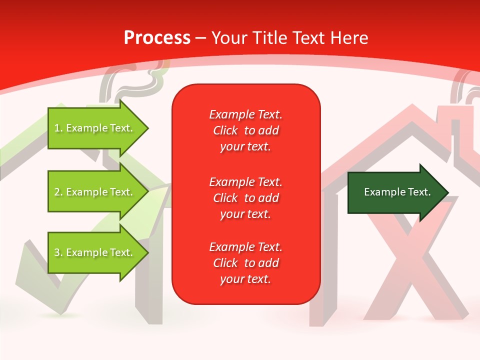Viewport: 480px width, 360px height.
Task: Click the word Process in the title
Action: point(157,37)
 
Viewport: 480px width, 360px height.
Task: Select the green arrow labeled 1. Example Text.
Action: point(95,128)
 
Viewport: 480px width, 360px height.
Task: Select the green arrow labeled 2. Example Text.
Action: point(95,192)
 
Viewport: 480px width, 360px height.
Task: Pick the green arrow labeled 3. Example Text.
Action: point(95,252)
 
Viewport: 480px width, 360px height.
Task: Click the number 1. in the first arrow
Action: point(58,128)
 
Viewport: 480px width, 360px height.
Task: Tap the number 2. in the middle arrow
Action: point(58,192)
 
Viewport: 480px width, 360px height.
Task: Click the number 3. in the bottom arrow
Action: point(58,252)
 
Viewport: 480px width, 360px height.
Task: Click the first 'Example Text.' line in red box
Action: point(245,114)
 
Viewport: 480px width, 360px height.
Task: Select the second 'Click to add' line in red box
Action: point(245,198)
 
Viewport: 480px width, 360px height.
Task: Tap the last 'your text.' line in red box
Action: point(245,279)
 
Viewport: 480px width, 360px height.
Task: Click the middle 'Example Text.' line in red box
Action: point(245,181)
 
